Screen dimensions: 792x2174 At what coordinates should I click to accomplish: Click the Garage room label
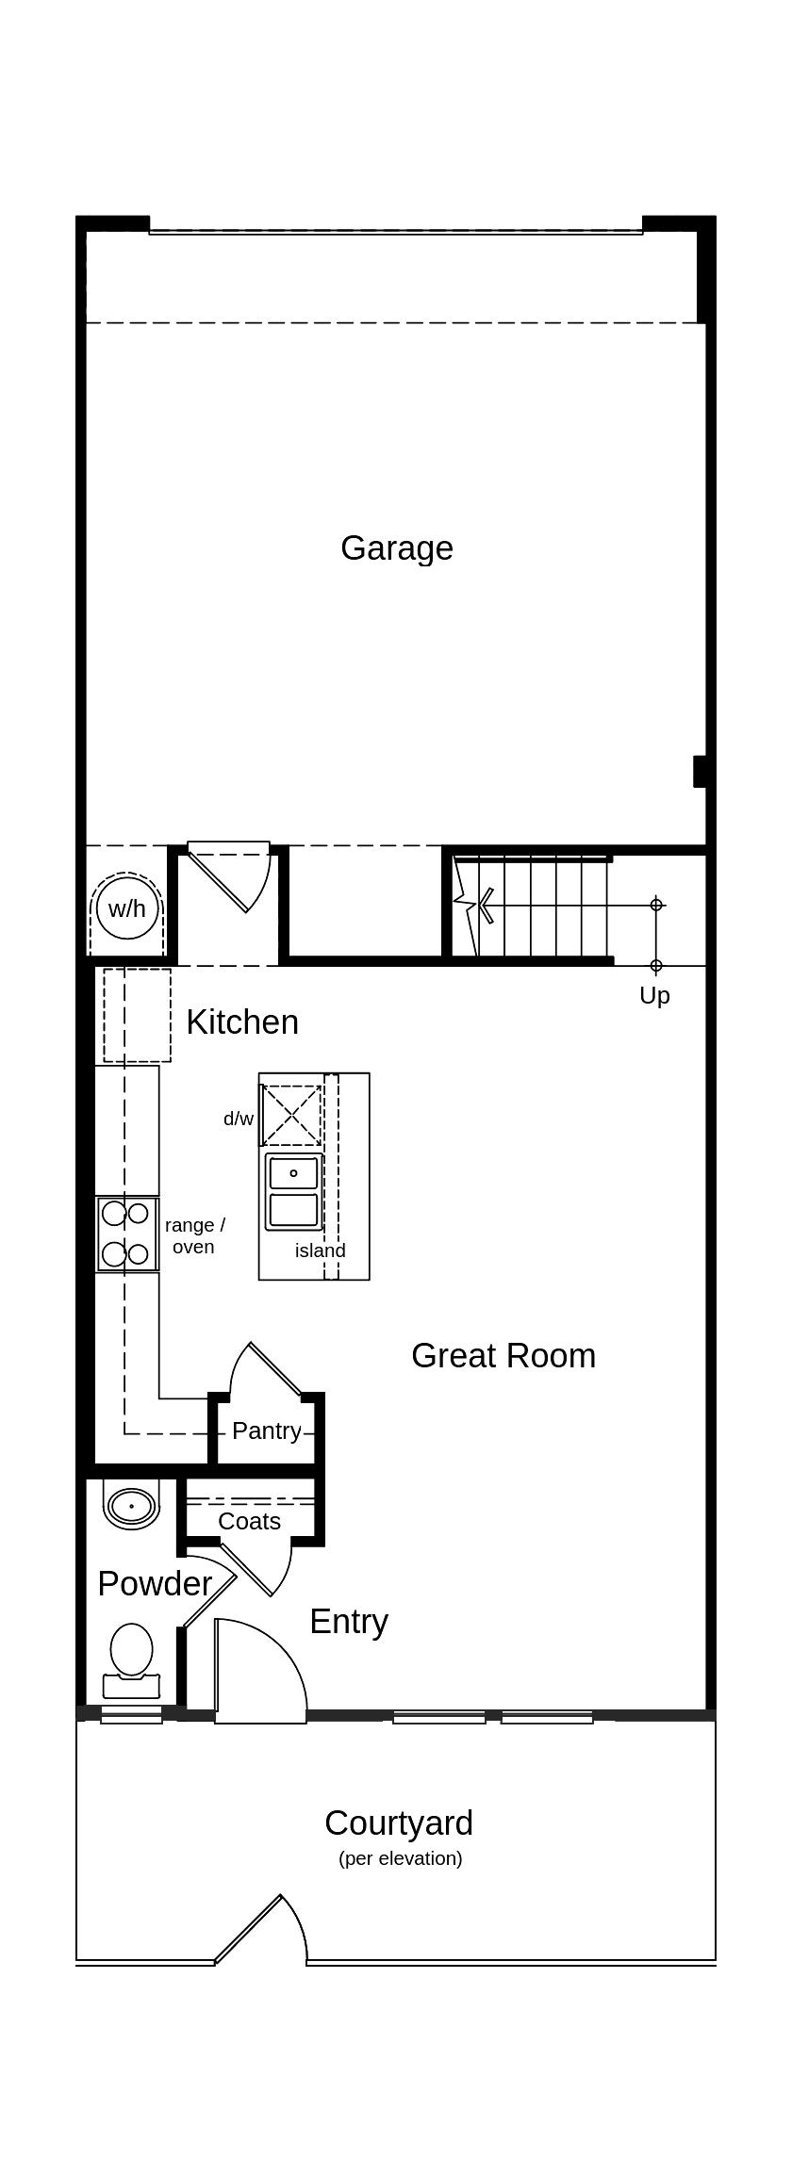397,548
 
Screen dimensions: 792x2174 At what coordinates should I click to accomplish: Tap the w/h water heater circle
127,908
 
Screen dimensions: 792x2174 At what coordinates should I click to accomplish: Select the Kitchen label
242,1022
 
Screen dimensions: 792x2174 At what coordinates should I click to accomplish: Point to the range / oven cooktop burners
126,1234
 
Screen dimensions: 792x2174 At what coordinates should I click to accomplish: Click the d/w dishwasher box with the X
291,1115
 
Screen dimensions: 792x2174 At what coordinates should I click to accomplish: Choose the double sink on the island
294,1192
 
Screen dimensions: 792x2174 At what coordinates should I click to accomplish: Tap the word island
321,1250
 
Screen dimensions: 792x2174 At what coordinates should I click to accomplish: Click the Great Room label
503,1355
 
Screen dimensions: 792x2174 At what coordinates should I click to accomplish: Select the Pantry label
267,1430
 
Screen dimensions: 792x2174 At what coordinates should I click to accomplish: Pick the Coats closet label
250,1521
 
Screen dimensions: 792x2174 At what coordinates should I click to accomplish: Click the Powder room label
155,1583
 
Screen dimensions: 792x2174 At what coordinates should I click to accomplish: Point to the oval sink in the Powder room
131,1506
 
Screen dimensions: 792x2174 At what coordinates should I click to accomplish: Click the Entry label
349,1622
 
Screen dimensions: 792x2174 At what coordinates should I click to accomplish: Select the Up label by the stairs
654,995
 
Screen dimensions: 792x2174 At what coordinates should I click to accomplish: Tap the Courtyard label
399,1823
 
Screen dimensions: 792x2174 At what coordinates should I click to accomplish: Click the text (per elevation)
401,1858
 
